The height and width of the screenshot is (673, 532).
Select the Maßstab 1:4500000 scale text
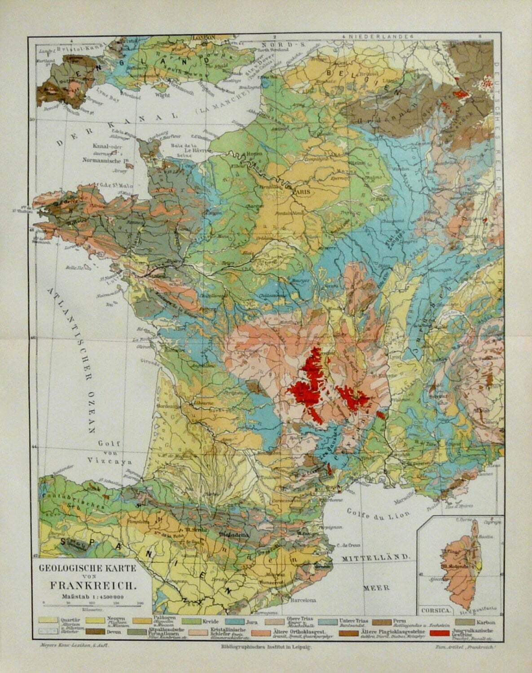[x=93, y=596]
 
